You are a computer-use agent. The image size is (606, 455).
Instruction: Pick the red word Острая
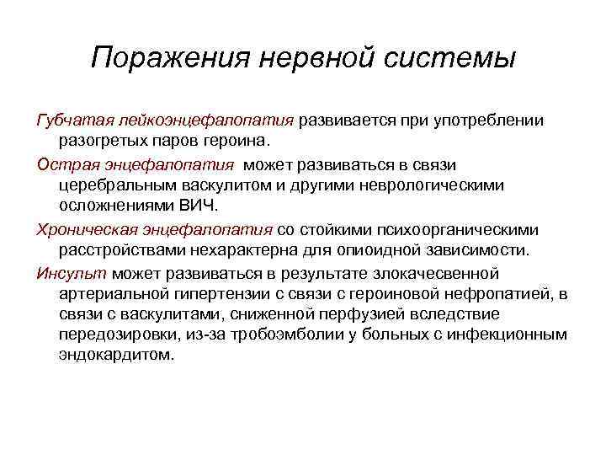[x=65, y=163]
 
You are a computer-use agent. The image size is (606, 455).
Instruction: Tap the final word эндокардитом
[x=115, y=355]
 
